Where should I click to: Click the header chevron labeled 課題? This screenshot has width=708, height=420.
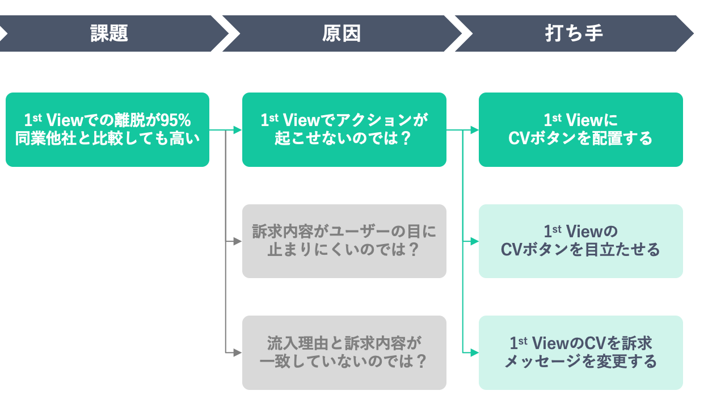click(x=109, y=33)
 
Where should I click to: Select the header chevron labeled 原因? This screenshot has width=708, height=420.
click(x=342, y=33)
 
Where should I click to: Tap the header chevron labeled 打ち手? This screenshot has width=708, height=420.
click(x=574, y=33)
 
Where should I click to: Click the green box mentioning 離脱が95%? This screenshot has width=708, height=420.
click(x=107, y=129)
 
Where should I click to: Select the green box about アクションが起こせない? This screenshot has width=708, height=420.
click(x=344, y=129)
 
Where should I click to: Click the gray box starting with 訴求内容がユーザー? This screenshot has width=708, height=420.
click(x=344, y=241)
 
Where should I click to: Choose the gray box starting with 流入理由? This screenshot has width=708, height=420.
click(x=344, y=352)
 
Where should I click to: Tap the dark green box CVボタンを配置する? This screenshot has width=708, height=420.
click(x=580, y=129)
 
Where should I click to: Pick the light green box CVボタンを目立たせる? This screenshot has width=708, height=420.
click(x=580, y=241)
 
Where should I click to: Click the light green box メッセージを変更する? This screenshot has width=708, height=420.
click(x=580, y=352)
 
